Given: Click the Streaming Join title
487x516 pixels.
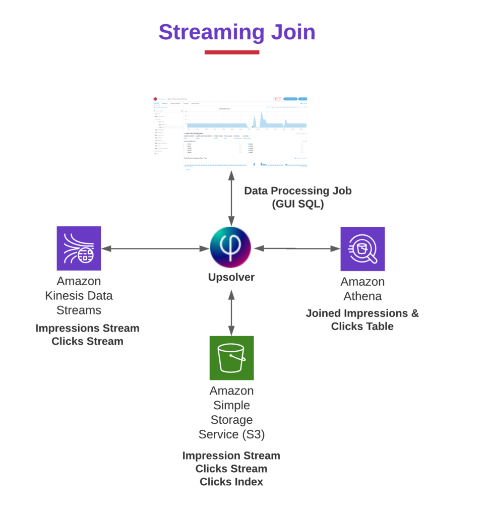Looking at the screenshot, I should point(237,32).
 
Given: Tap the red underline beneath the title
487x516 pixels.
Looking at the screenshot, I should point(232,52).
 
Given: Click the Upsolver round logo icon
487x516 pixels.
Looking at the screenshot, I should point(231,248).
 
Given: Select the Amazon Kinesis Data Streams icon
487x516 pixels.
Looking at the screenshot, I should point(79,248).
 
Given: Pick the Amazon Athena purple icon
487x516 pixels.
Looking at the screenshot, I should point(362,248).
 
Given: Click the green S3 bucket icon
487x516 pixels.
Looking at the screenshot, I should point(231,358).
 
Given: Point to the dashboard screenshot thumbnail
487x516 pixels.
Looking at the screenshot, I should point(230,133).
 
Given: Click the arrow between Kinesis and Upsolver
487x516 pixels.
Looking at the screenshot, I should point(156,248).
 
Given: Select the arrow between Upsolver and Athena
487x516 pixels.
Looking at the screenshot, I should point(297,248).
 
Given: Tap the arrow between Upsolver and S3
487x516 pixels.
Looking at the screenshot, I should point(231,312).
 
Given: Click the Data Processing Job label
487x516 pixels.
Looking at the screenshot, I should point(298,191).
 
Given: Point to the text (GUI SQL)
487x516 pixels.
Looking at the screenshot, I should point(298,204).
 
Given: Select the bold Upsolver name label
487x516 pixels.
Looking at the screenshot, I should point(231,277).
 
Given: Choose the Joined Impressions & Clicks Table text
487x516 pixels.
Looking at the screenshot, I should point(362,319).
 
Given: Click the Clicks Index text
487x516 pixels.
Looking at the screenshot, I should point(231,482).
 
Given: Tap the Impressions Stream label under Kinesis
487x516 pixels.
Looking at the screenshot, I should point(87,328).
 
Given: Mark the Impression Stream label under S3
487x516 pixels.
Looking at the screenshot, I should point(231,456).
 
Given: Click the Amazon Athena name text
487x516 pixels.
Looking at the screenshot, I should point(362,289).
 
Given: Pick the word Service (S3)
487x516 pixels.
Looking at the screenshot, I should point(231,434).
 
